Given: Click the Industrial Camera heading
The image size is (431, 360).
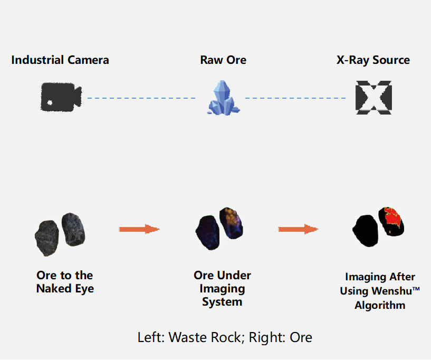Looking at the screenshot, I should tap(60, 60).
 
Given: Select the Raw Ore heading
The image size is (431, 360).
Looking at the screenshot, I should tap(223, 60).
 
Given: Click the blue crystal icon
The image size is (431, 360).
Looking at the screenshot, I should tap(223, 98).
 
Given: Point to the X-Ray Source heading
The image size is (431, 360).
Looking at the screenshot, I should tap(373, 60).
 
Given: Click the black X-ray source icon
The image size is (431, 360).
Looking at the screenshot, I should tap(373, 98).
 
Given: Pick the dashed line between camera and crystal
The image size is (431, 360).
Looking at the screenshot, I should tap(141, 98).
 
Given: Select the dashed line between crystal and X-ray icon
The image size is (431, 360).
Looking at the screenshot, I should tap(295, 98).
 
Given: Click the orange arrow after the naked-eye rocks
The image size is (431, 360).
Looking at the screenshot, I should tap(139, 229).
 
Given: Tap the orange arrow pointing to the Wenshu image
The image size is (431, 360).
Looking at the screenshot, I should tap(298, 229).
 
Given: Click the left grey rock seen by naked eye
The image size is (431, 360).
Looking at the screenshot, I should tap(47, 238).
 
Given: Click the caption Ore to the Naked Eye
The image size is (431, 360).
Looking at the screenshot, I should tap(65, 282).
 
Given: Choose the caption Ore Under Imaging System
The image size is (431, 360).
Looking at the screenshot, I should tap(222, 288).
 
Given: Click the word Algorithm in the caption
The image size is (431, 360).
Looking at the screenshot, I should tap(380, 305).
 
